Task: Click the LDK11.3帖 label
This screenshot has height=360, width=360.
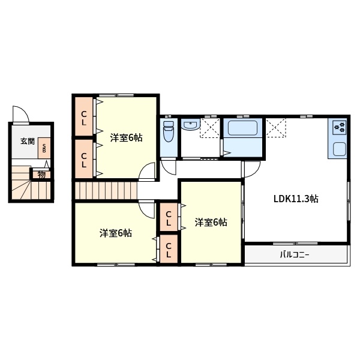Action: [x=296, y=199]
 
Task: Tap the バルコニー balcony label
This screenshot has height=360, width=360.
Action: [x=295, y=254]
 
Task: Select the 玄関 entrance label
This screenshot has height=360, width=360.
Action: [x=28, y=141]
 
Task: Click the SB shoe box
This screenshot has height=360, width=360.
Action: [x=44, y=148]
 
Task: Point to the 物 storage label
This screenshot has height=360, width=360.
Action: [x=41, y=175]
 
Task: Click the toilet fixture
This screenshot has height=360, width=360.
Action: [x=169, y=131]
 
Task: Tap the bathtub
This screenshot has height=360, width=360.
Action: [x=242, y=128]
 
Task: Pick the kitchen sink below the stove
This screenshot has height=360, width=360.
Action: [x=340, y=149]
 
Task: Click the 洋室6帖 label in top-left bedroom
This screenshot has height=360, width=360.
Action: [x=126, y=138]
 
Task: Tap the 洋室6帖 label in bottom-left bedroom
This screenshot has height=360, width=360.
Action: [x=116, y=233]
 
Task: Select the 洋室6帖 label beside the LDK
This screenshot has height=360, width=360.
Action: [x=211, y=222]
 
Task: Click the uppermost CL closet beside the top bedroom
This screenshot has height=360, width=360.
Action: [x=84, y=118]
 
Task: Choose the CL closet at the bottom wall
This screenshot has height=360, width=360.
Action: [x=169, y=250]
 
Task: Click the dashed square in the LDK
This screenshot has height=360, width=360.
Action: [x=276, y=128]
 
